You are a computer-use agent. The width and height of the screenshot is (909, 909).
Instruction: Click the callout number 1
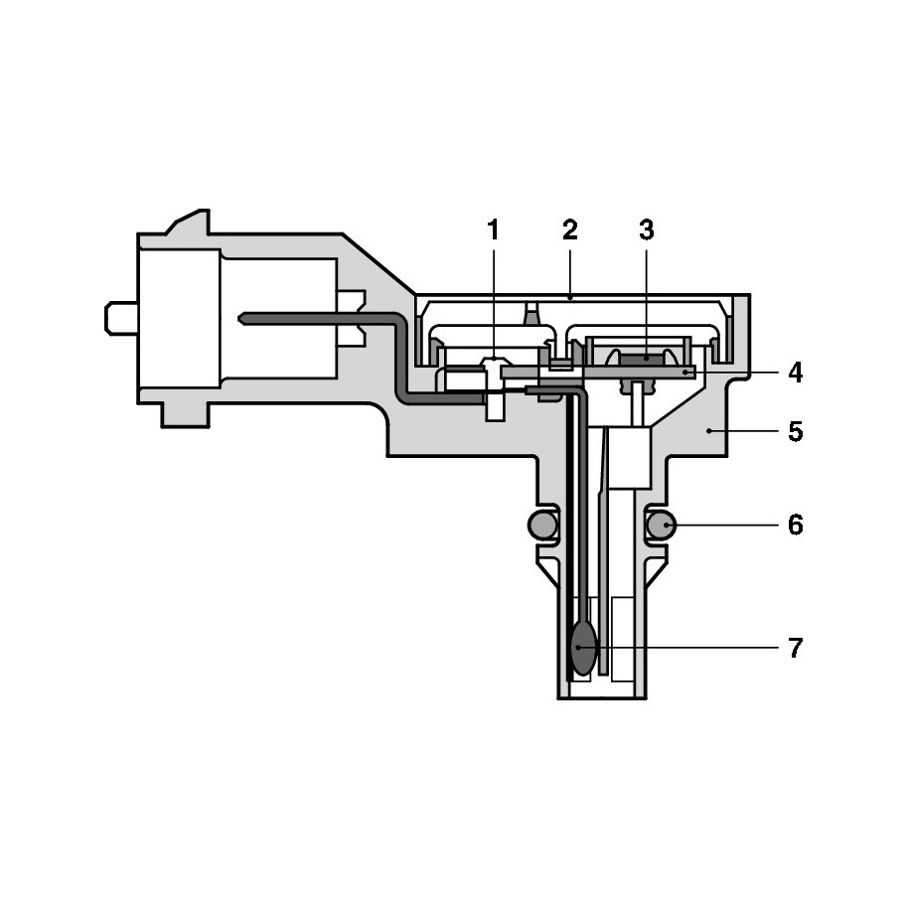pyautogui.click(x=493, y=230)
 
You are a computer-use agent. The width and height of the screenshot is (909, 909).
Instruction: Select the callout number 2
pyautogui.click(x=570, y=230)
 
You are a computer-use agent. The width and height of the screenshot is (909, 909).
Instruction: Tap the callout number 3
pyautogui.click(x=647, y=230)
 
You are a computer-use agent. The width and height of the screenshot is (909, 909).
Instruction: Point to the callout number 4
pyautogui.click(x=796, y=373)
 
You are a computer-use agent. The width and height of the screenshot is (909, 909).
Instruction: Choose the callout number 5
pyautogui.click(x=796, y=432)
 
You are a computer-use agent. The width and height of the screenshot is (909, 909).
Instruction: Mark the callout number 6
pyautogui.click(x=796, y=526)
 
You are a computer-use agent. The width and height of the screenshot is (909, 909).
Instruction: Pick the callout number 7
pyautogui.click(x=796, y=648)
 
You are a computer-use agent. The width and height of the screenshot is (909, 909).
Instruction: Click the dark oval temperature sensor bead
pyautogui.click(x=583, y=648)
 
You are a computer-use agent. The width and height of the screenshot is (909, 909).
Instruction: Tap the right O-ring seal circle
pyautogui.click(x=660, y=526)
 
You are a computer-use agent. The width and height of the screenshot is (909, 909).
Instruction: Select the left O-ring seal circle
pyautogui.click(x=542, y=526)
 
